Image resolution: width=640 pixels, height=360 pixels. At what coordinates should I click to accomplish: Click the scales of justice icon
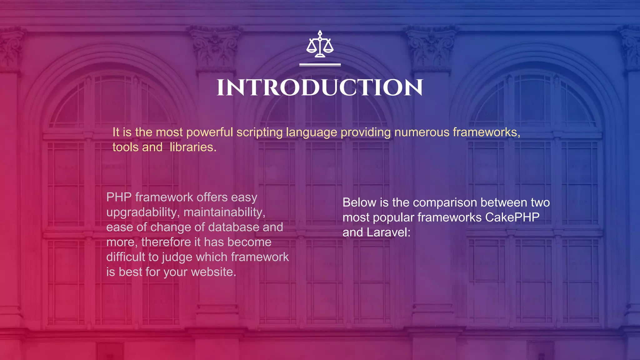320,44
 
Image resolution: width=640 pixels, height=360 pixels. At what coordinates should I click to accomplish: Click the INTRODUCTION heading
320,88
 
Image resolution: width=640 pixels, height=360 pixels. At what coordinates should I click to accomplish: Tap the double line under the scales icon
320,65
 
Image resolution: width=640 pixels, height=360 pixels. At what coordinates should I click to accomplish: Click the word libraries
193,147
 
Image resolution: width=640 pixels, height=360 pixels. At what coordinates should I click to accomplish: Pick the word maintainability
224,212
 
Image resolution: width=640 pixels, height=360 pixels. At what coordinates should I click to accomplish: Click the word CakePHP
512,217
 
